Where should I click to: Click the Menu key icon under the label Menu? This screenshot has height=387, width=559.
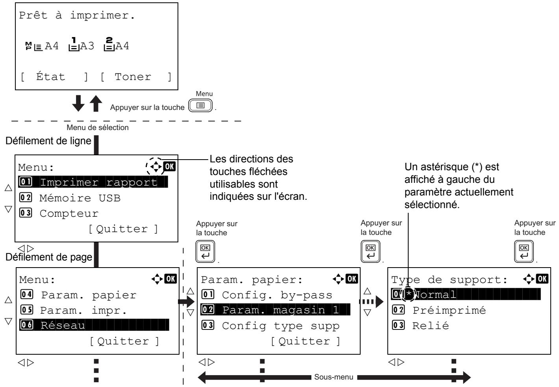coord(200,106)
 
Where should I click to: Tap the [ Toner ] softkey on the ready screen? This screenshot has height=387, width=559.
coord(136,77)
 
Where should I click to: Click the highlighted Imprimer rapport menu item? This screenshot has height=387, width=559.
coord(93,182)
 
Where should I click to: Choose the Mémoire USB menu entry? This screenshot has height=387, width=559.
coord(70,198)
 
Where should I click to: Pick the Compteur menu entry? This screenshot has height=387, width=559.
coord(59,213)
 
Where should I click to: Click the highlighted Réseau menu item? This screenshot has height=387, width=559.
coord(94,325)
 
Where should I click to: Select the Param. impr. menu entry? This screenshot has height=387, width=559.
coord(74,310)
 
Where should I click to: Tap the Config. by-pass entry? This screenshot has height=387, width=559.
coord(267,295)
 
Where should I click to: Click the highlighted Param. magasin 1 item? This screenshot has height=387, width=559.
coord(275,310)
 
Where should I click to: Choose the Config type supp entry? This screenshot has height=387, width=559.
coord(270,326)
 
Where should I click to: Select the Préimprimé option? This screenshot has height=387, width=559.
coord(439,310)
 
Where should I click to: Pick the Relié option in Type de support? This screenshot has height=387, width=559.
coord(420,326)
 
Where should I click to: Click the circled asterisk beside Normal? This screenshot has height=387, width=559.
coord(408,294)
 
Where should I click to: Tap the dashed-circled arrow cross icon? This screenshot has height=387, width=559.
coord(155,166)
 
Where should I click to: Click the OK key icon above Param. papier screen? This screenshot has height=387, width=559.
coord(205,251)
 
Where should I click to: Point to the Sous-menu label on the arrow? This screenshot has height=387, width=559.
coord(334,377)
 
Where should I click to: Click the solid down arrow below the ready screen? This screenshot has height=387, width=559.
coord(78,103)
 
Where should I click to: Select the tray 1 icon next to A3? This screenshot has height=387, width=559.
coord(74,44)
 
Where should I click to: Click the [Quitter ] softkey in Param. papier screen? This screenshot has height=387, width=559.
coord(305,341)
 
